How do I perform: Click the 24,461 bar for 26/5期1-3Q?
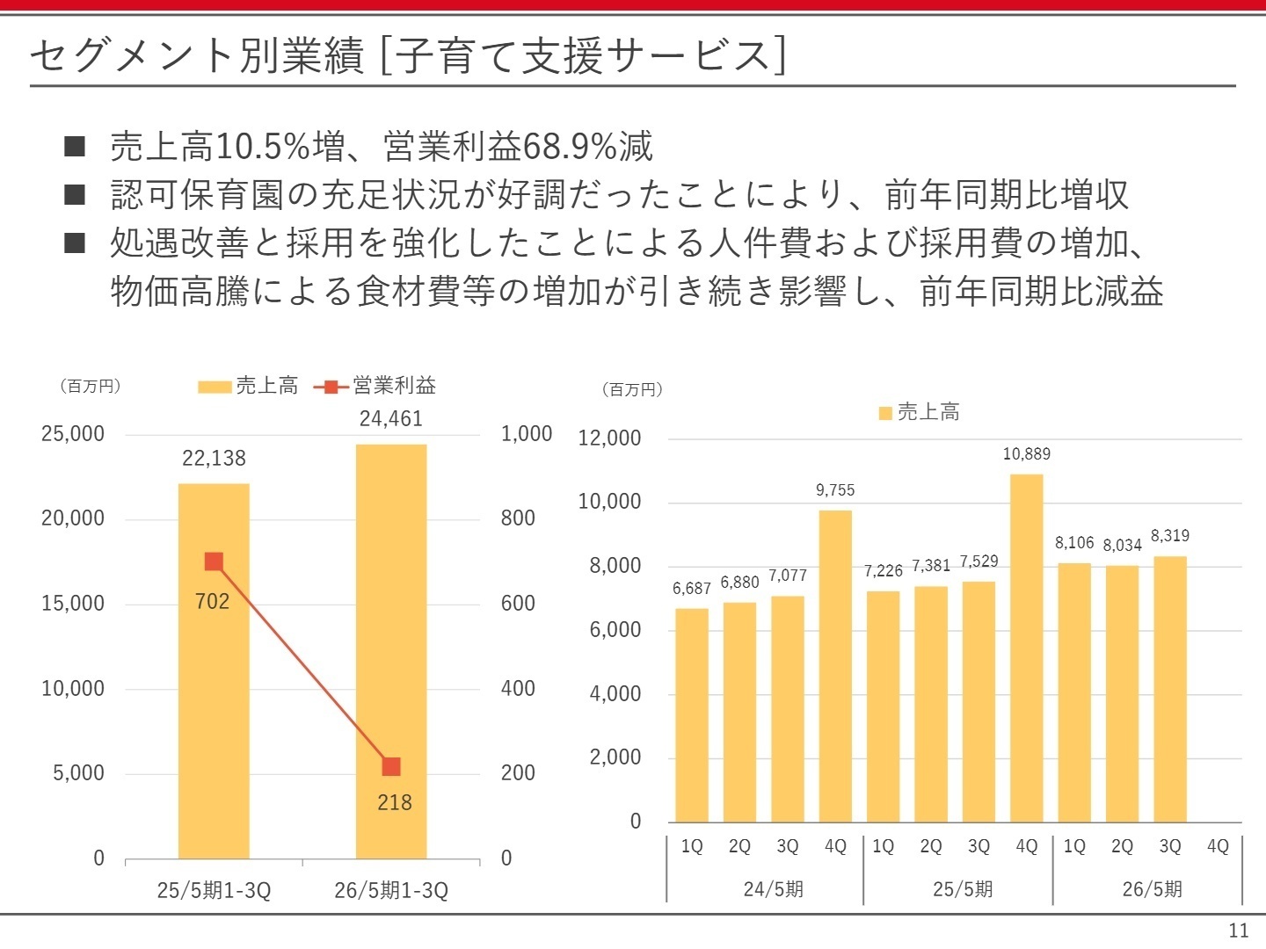[x=391, y=650]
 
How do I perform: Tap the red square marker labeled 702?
[x=214, y=561]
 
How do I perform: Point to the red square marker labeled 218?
[x=391, y=766]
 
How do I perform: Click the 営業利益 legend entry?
[x=376, y=386]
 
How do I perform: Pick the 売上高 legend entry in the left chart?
[x=248, y=386]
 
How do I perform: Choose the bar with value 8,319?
[x=1170, y=689]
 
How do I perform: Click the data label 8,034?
[x=1122, y=546]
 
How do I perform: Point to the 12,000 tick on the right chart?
[x=609, y=438]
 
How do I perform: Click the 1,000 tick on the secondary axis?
[x=526, y=434]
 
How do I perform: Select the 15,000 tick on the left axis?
[x=73, y=604]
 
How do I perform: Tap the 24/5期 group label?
[x=773, y=889]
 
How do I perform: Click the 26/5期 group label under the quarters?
[x=1152, y=889]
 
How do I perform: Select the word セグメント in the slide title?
[x=134, y=56]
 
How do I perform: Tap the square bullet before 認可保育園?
[x=75, y=194]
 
